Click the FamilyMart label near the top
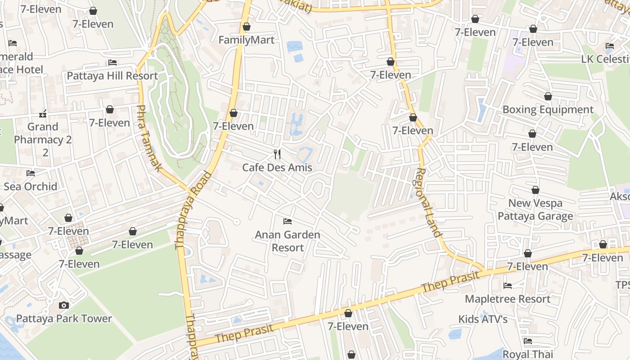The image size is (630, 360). coord(246,40)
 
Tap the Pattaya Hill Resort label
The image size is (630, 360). coord(112,76)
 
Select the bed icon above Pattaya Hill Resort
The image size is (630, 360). coord(112,63)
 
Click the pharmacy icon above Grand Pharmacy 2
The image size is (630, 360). coord(43,114)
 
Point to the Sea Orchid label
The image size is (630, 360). coord(31,186)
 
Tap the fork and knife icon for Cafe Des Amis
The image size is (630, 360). coord(277,154)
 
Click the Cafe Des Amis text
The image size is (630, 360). coord(277,167)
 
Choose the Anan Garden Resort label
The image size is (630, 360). coord(288,241)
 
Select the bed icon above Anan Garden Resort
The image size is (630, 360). coord(288,221)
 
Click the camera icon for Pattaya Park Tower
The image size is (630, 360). coord(64,305)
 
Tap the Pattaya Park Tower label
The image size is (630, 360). coord(64,319)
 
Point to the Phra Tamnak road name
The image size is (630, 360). coord(148,138)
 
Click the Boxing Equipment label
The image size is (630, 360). coord(548,110)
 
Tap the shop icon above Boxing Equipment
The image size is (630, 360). coord(548,96)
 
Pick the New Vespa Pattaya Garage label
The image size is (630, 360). coord(535,210)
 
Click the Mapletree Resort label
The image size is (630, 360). coord(508,299)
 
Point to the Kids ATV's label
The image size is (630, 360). coord(483,319)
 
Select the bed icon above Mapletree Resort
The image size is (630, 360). coord(508,286)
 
